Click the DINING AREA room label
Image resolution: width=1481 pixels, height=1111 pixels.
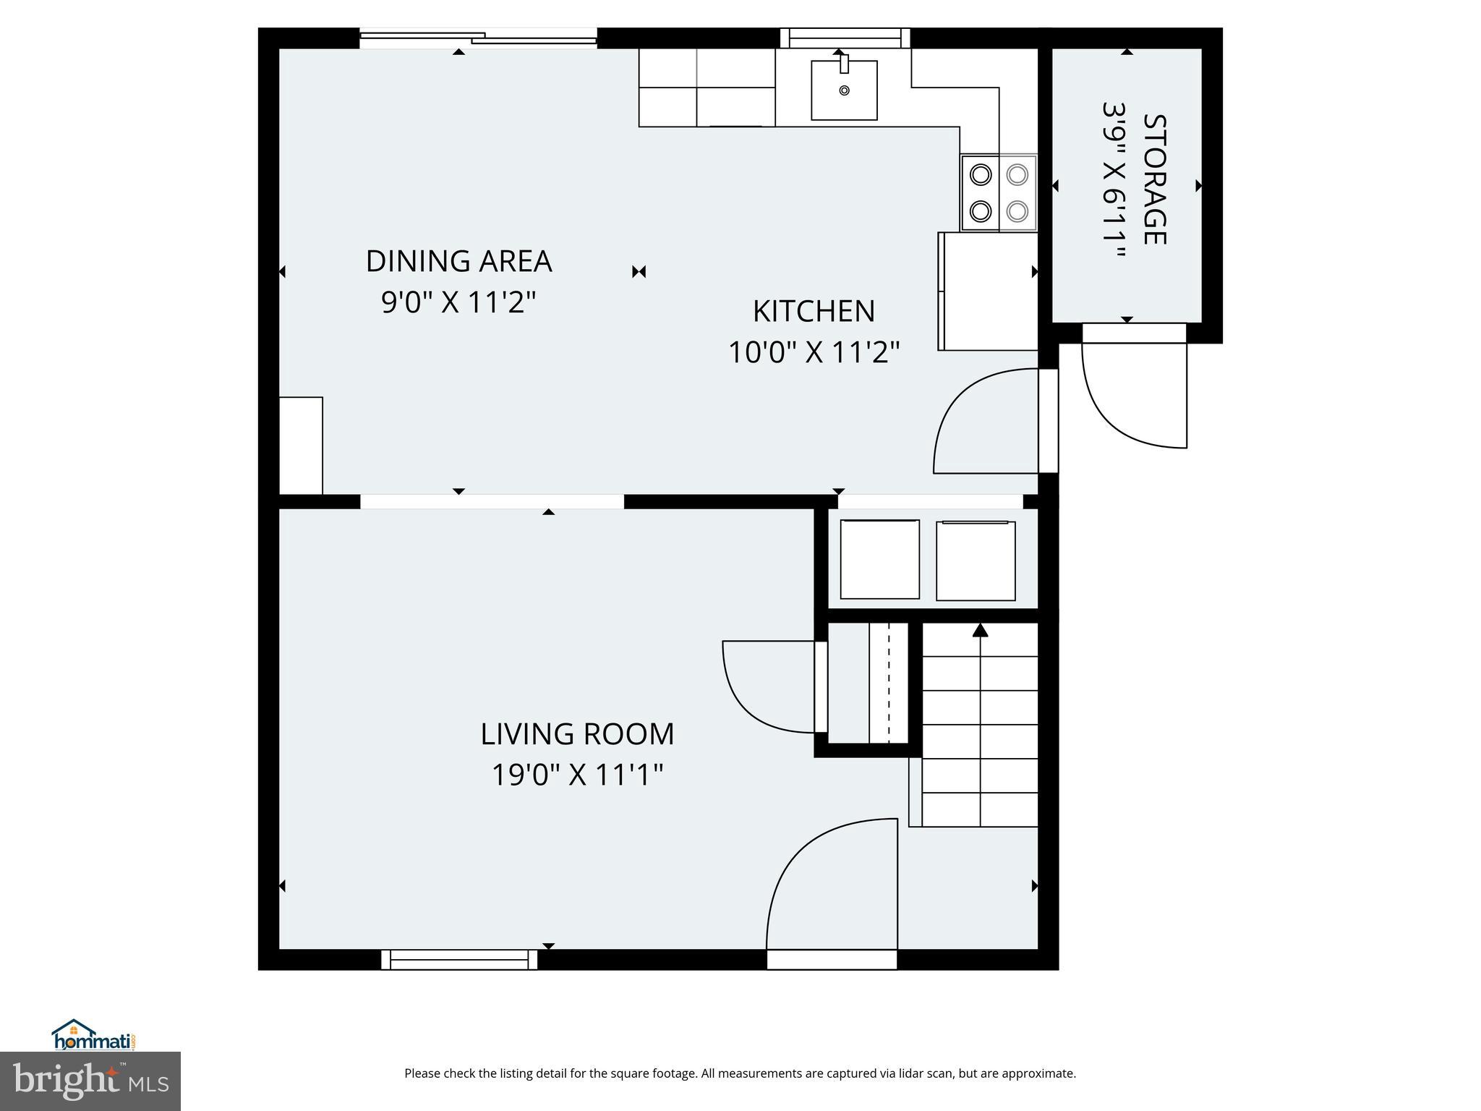(x=458, y=261)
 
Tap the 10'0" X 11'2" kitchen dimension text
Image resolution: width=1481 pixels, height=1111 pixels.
(x=814, y=353)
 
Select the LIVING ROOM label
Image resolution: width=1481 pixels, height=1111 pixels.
(x=577, y=734)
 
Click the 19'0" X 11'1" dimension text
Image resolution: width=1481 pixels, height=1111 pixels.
(x=577, y=775)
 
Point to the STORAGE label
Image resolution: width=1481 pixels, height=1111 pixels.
(x=1155, y=179)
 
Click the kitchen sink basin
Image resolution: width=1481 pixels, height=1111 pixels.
(x=844, y=90)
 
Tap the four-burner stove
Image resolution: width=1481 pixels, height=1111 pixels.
(x=999, y=193)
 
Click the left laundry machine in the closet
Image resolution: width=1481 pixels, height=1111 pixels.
(x=879, y=559)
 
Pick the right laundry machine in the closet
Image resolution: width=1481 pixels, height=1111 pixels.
(x=976, y=561)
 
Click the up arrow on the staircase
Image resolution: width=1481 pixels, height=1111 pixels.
(x=980, y=631)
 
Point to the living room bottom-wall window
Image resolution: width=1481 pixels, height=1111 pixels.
(x=459, y=960)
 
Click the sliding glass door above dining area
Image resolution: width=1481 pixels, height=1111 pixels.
(x=478, y=38)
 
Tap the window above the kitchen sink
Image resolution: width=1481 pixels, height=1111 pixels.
(x=844, y=38)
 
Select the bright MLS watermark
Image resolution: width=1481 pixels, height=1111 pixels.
(x=90, y=1081)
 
